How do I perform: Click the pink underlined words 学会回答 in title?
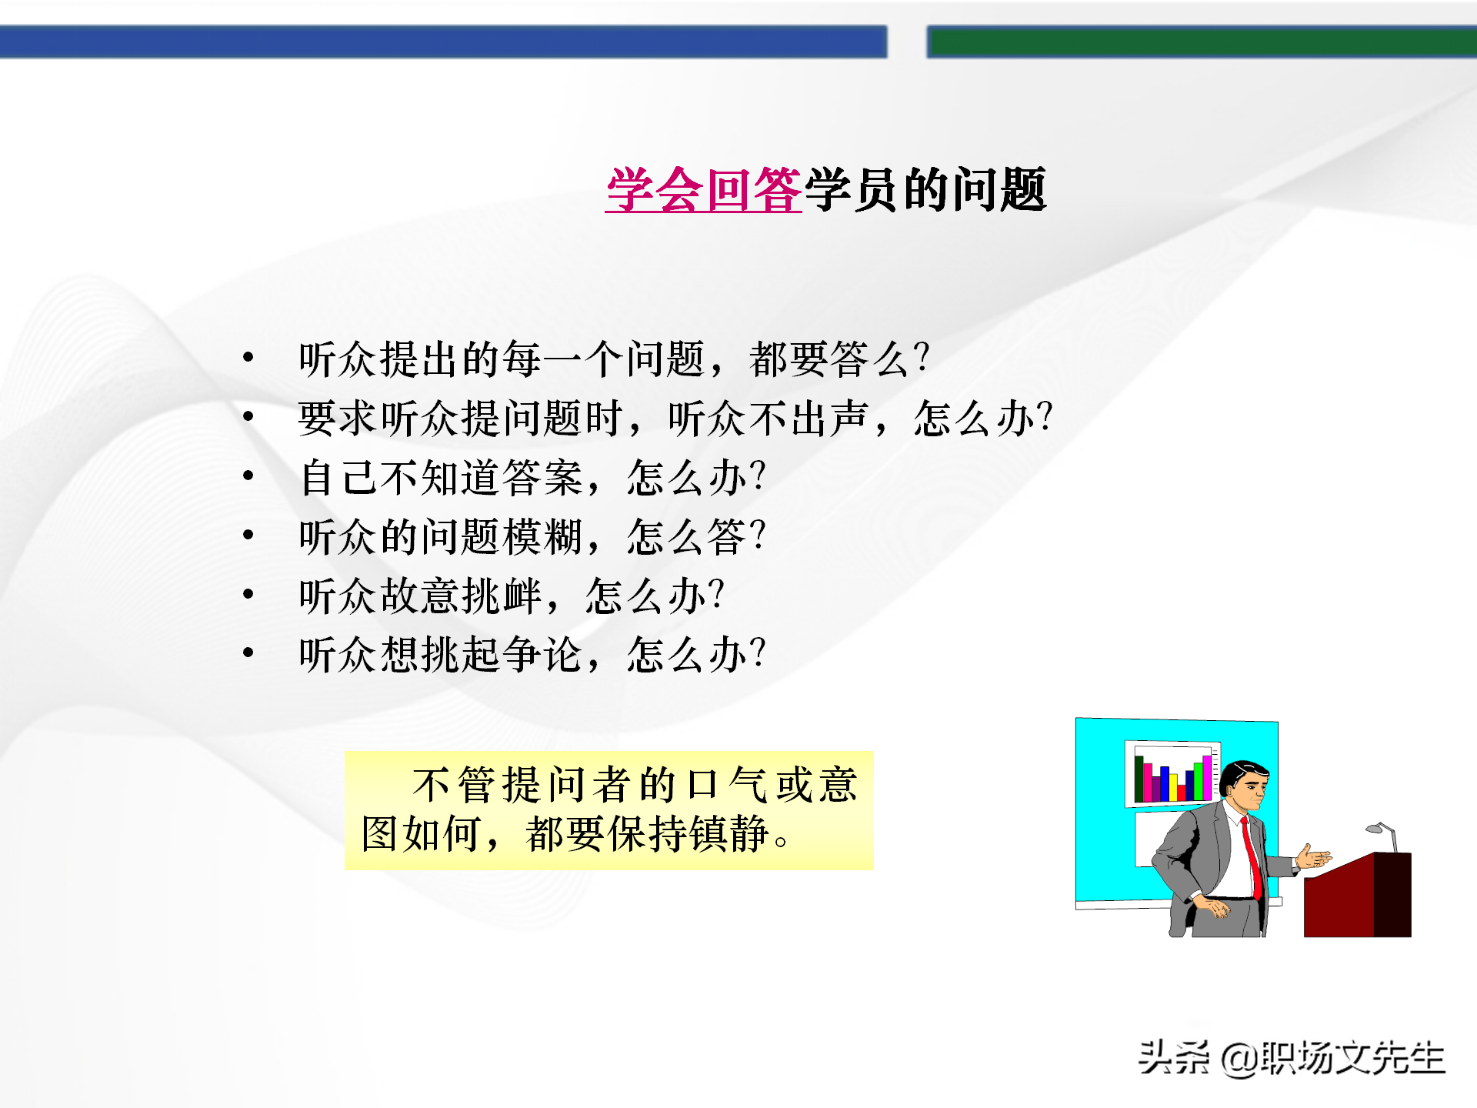click(704, 190)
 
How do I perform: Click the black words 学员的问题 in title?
click(925, 190)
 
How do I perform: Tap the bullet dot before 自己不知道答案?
click(248, 476)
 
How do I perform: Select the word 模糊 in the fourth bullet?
click(542, 536)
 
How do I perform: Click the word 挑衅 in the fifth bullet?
click(502, 596)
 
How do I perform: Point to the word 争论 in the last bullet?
click(542, 655)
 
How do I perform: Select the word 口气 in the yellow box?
click(725, 785)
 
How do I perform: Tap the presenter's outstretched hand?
click(1314, 857)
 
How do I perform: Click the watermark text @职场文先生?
click(1333, 1058)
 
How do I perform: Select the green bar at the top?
click(1200, 42)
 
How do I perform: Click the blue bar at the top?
click(442, 42)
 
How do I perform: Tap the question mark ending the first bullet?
click(922, 358)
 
